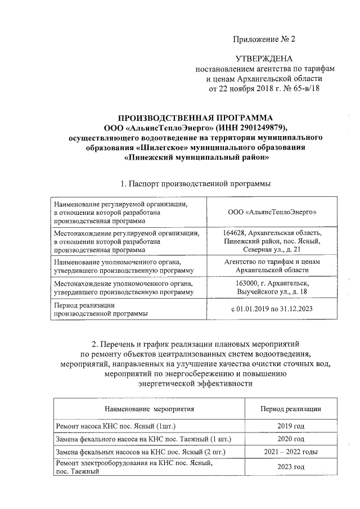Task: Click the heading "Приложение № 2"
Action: [264, 39]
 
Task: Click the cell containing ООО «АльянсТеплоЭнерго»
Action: [272, 213]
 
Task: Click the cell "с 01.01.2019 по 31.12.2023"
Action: [272, 309]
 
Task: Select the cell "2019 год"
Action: [291, 426]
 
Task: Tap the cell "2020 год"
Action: [291, 439]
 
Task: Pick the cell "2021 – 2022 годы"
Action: [291, 452]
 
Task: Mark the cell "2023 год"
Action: [291, 467]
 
